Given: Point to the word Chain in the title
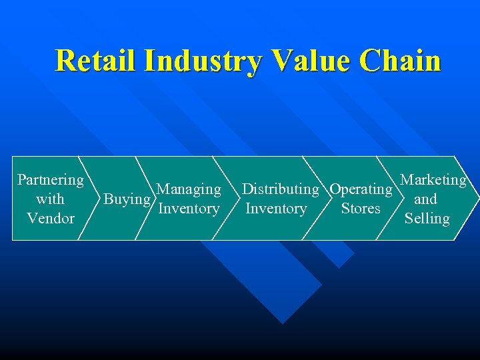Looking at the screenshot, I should (401, 61).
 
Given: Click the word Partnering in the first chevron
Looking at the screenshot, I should (51, 180).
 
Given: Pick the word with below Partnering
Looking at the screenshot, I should (50, 199).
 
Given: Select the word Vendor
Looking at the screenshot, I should (51, 218).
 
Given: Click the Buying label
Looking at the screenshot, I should (127, 199).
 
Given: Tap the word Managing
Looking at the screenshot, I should (189, 189).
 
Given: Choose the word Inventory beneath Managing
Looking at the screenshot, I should (189, 209).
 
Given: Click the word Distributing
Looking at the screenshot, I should (280, 189).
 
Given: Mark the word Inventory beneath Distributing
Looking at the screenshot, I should (276, 209).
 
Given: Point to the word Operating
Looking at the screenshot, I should (361, 189).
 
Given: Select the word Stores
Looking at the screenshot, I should (361, 209).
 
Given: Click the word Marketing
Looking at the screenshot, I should (433, 180).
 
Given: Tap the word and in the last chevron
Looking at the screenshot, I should (425, 199).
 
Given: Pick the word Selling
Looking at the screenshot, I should (427, 218).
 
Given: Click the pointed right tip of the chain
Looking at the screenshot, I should (477, 198).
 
